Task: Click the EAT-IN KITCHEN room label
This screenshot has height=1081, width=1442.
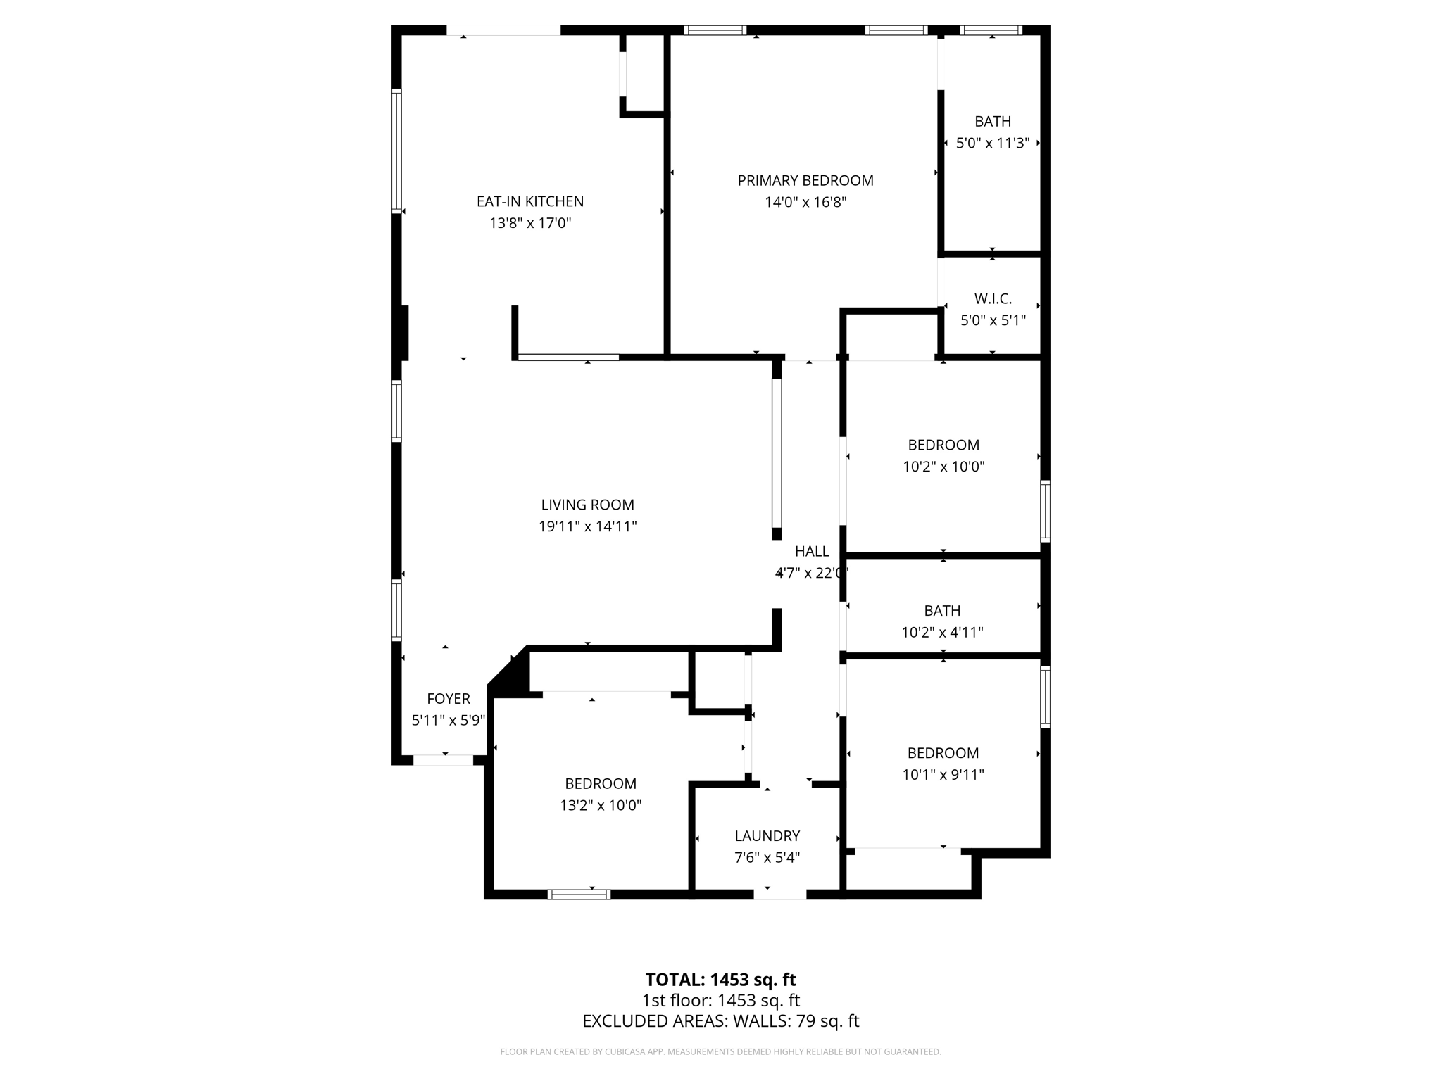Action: pyautogui.click(x=530, y=201)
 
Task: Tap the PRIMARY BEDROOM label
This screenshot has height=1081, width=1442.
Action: pyautogui.click(x=805, y=180)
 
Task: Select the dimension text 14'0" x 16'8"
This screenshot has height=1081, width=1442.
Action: pyautogui.click(x=805, y=203)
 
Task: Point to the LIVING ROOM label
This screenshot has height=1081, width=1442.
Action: pyautogui.click(x=587, y=505)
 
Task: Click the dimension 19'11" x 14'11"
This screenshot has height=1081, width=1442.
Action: pyautogui.click(x=587, y=526)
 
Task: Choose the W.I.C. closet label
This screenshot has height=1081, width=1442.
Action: pyautogui.click(x=993, y=299)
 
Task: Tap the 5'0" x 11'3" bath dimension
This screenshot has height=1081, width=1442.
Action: pyautogui.click(x=993, y=144)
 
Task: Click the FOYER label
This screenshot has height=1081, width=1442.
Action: pyautogui.click(x=449, y=699)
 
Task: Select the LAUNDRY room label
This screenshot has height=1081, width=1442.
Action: pyautogui.click(x=767, y=836)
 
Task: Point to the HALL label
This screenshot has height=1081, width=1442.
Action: pyautogui.click(x=812, y=552)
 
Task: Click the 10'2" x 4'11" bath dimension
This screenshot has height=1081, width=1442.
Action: pyautogui.click(x=942, y=633)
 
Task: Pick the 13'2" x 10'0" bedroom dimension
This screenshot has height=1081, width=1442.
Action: pyautogui.click(x=601, y=806)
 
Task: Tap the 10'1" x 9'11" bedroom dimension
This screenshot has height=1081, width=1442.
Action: pyautogui.click(x=943, y=775)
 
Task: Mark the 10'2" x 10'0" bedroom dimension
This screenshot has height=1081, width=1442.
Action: pyautogui.click(x=943, y=467)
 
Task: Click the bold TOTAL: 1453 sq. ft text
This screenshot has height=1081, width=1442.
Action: pyautogui.click(x=720, y=980)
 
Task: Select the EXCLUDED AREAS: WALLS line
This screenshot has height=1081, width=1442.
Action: pyautogui.click(x=720, y=1021)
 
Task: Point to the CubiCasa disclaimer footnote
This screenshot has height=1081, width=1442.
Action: pyautogui.click(x=720, y=1052)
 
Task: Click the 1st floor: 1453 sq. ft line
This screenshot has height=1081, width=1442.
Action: pyautogui.click(x=720, y=1001)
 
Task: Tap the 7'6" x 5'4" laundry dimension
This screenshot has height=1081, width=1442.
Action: pyautogui.click(x=767, y=858)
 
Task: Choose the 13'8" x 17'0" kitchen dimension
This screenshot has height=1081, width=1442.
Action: pyautogui.click(x=530, y=224)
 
